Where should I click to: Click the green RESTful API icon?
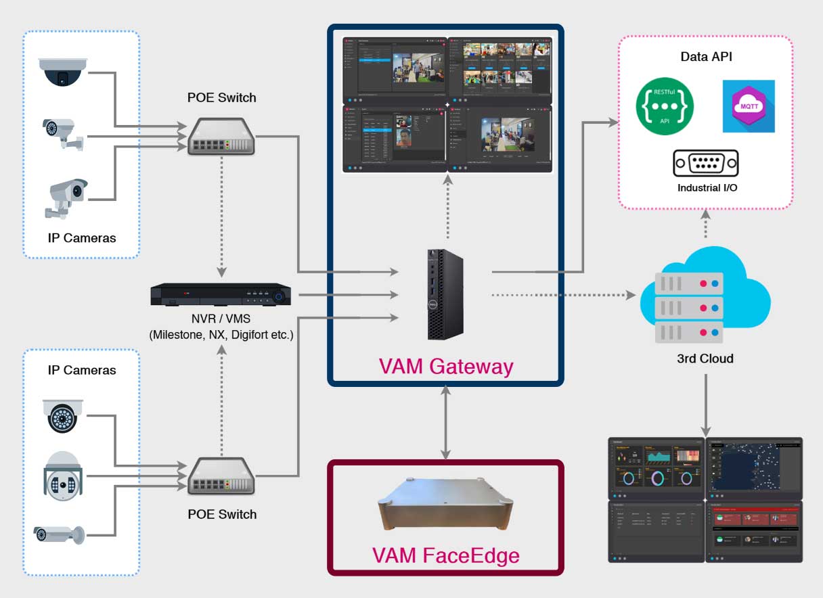pos(665,106)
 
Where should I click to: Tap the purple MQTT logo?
pos(748,106)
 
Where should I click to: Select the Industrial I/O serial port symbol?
pos(705,164)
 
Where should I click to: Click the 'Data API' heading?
pos(706,57)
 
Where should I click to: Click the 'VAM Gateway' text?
pos(445,367)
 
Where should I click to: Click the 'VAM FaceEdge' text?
pos(445,555)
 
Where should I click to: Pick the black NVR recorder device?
pos(221,294)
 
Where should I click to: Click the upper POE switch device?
pos(221,136)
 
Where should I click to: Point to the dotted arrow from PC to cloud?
pos(562,295)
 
